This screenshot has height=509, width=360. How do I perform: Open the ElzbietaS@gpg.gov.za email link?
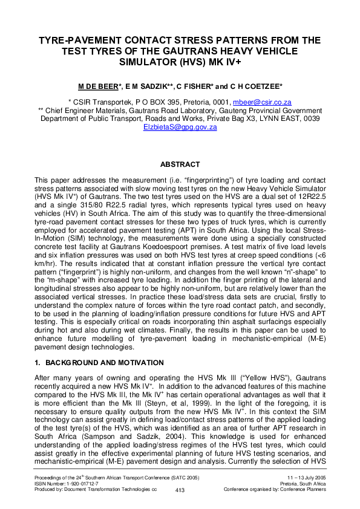click(180, 127)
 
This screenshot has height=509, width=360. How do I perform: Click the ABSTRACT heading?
click(180, 164)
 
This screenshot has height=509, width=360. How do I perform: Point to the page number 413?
click(179, 490)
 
